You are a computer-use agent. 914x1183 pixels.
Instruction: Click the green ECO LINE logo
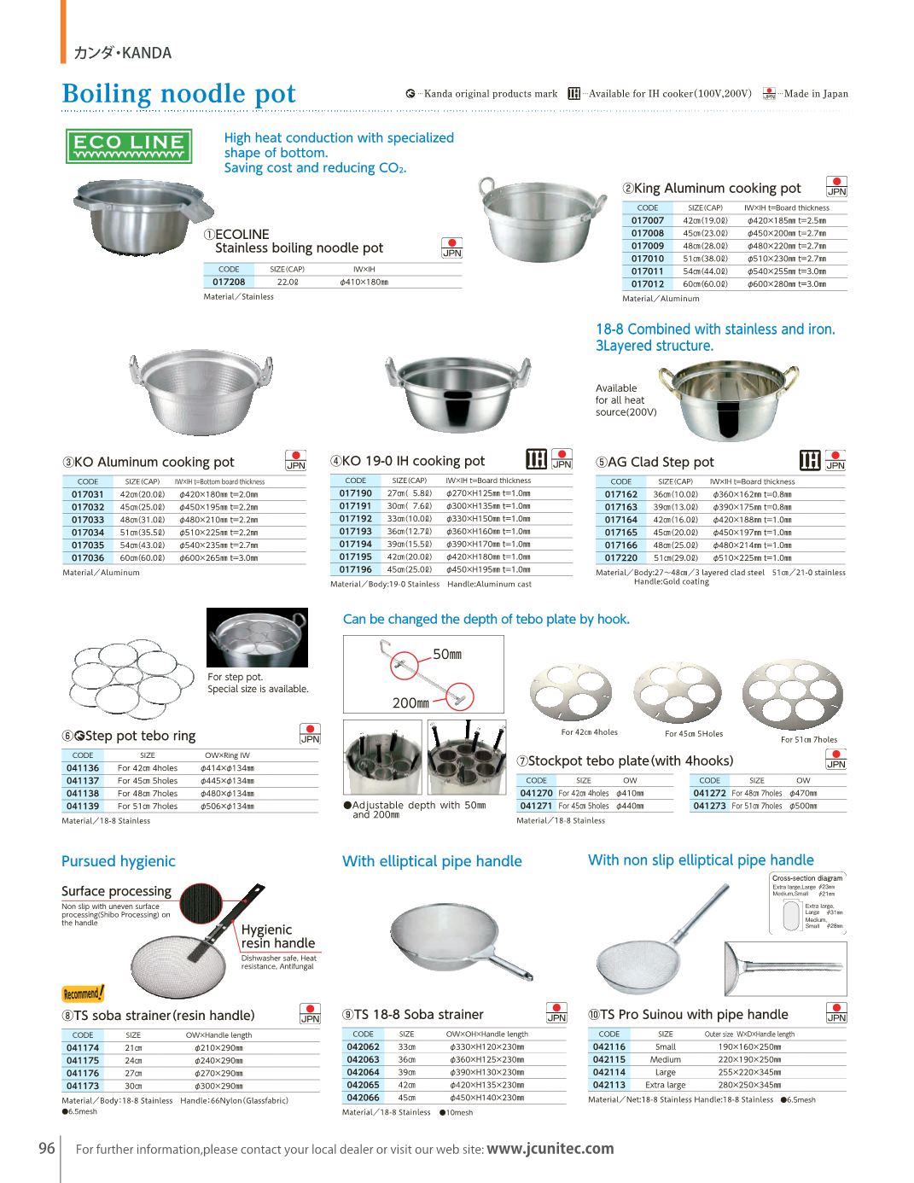(x=129, y=146)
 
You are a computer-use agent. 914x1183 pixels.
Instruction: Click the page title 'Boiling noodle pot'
(x=179, y=93)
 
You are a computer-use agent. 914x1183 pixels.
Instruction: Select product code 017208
(x=229, y=282)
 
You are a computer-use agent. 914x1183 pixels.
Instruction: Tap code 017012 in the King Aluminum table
(x=648, y=284)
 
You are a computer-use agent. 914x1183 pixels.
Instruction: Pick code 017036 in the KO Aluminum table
(x=88, y=558)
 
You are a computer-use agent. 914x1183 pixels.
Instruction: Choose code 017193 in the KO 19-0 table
(x=356, y=532)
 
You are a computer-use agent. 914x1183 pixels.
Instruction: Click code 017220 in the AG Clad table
(x=621, y=558)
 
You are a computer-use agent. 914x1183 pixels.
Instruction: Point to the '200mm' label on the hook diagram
(x=410, y=703)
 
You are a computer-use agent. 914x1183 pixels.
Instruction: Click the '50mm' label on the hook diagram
(x=447, y=655)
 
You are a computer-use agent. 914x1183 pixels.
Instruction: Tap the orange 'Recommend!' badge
(x=83, y=994)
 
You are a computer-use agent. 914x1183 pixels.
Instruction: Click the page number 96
(x=47, y=1148)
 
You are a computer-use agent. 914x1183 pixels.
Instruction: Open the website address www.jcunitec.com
(x=550, y=1149)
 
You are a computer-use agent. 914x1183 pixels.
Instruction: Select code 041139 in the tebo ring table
(x=83, y=807)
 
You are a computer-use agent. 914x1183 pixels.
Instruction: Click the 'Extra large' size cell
(x=665, y=1085)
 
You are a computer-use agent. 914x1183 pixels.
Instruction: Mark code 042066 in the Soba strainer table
(x=363, y=1098)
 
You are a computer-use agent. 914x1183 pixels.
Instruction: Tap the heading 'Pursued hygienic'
(x=119, y=861)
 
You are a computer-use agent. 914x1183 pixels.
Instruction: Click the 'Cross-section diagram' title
(x=806, y=877)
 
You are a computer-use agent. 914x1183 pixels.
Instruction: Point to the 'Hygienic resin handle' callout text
(x=277, y=936)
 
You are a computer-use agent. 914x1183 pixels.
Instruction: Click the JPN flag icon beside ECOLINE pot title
(x=451, y=248)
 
